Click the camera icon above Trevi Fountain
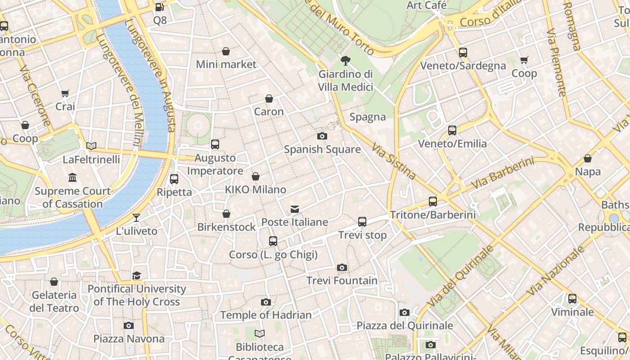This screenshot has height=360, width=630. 342,268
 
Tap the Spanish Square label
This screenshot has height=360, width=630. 322,149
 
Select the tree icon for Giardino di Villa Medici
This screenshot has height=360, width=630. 346,60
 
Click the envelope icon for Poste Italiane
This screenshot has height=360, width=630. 295,209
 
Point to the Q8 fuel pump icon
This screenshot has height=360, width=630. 159,7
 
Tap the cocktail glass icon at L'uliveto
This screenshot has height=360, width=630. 136,218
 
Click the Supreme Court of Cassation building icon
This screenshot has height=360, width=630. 72,178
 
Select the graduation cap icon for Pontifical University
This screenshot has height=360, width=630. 136,275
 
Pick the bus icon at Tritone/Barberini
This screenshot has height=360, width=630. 433,202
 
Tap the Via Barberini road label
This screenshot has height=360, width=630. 502,173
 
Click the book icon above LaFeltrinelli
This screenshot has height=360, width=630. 91,146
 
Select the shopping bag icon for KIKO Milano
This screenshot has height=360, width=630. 256,176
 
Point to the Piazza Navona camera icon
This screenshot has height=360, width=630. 129,325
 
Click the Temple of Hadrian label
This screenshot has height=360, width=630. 265,315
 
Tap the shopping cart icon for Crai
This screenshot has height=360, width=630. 65,94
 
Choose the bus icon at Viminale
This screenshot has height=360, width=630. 572,299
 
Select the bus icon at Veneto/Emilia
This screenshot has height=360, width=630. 452,130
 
